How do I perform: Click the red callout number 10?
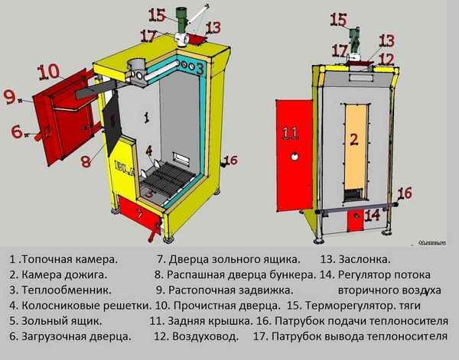pos(47,72)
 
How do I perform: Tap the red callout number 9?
pos(9,96)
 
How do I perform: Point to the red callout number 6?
pos(17,131)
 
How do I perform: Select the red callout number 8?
pos(86,161)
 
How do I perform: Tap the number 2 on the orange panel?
pos(353,138)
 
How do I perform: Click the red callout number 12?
pos(386,59)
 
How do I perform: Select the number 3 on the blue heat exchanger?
pos(200,68)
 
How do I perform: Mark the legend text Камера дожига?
pos(63,275)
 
